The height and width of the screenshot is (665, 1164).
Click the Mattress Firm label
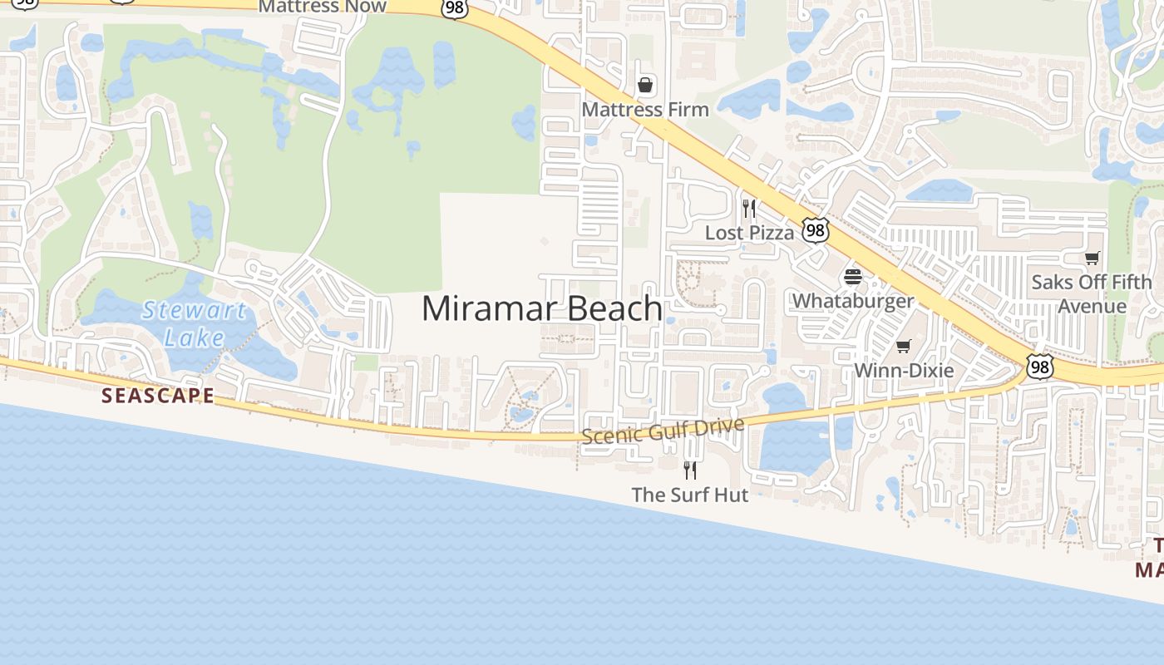click(645, 110)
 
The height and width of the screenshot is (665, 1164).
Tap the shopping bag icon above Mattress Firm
click(644, 85)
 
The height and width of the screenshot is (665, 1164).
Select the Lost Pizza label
click(749, 233)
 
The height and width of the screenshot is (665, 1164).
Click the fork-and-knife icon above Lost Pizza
click(749, 208)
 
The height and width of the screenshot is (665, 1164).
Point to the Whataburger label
click(853, 301)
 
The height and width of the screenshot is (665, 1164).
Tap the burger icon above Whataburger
click(853, 277)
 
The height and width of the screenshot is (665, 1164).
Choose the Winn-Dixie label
click(904, 370)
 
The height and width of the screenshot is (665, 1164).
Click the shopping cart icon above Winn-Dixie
click(904, 346)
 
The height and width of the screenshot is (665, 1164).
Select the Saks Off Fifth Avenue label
click(1092, 294)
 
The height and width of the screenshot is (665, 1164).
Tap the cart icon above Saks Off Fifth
click(1092, 259)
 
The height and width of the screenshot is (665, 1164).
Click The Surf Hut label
click(690, 495)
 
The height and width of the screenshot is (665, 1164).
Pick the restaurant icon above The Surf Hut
click(690, 470)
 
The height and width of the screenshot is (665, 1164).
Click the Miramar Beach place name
click(542, 308)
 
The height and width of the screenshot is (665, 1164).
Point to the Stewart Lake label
click(195, 324)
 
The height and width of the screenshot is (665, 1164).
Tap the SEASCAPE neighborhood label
click(158, 396)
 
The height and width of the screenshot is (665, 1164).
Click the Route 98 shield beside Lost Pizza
click(816, 230)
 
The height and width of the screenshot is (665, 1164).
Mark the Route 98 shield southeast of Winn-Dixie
click(1039, 367)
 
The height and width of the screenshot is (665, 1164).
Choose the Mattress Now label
click(323, 7)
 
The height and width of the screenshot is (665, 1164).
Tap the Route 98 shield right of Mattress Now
click(455, 7)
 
